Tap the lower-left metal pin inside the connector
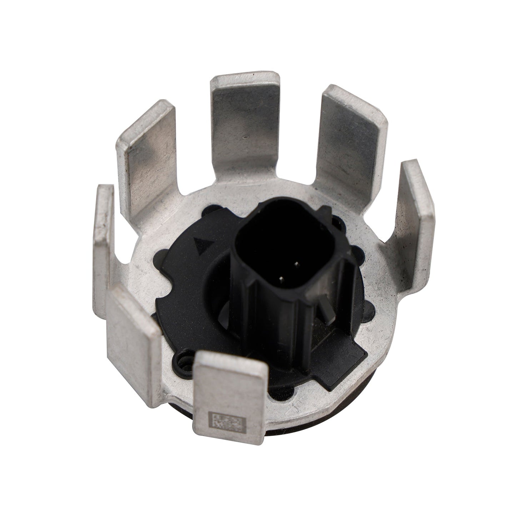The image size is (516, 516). (x=282, y=279)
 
